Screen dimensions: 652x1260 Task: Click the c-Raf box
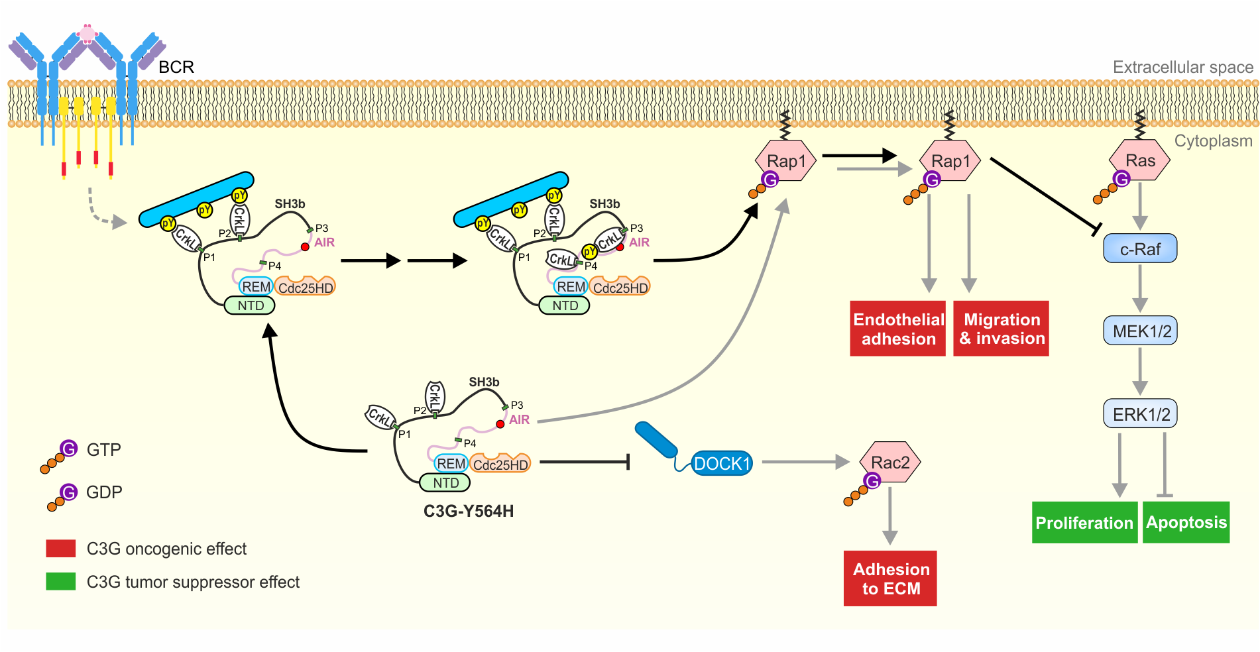pyautogui.click(x=1139, y=249)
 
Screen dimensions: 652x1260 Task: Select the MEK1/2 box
pyautogui.click(x=1140, y=331)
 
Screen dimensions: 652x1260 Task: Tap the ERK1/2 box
pyautogui.click(x=1140, y=414)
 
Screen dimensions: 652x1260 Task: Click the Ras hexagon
pyautogui.click(x=1139, y=160)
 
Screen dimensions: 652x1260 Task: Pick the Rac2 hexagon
pyautogui.click(x=890, y=462)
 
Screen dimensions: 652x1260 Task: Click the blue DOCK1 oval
pyautogui.click(x=721, y=463)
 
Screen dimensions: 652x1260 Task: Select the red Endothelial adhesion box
pyautogui.click(x=898, y=329)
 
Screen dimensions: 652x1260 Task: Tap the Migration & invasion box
pyautogui.click(x=1001, y=329)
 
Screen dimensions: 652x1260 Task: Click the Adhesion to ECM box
pyautogui.click(x=890, y=578)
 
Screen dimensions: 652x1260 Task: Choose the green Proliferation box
pyautogui.click(x=1084, y=523)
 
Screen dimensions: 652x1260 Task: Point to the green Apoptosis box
pyautogui.click(x=1186, y=522)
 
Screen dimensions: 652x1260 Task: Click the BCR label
pyautogui.click(x=176, y=67)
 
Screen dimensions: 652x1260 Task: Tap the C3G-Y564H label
pyautogui.click(x=469, y=511)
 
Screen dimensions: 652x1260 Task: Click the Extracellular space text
pyautogui.click(x=1182, y=67)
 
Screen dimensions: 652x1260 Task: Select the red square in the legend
pyautogui.click(x=61, y=549)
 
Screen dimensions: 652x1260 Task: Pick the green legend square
pyautogui.click(x=61, y=581)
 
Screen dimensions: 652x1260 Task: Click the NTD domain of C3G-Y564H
pyautogui.click(x=445, y=483)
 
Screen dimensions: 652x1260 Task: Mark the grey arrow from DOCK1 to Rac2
pyautogui.click(x=805, y=462)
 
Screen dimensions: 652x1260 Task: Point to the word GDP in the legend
pyautogui.click(x=104, y=492)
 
